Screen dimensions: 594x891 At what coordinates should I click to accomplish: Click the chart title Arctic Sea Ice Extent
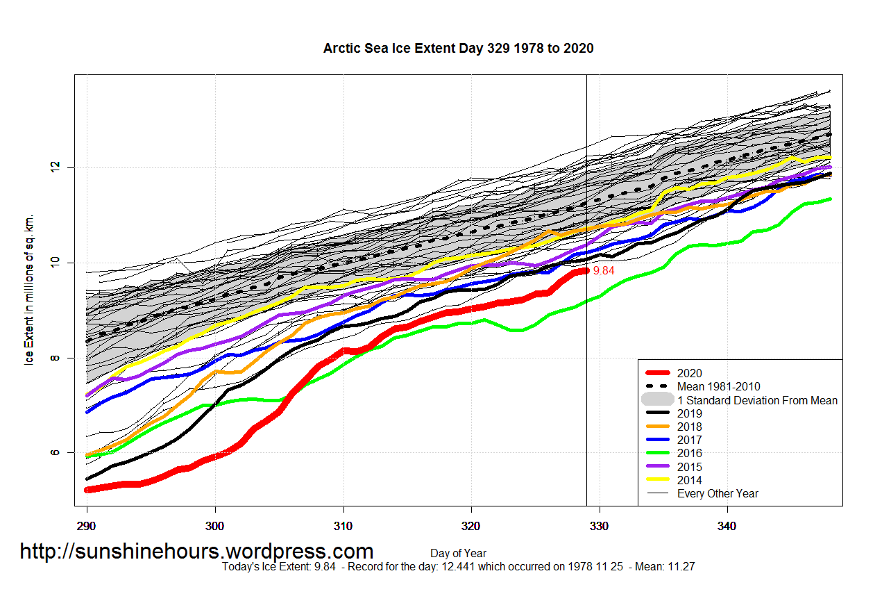(x=458, y=48)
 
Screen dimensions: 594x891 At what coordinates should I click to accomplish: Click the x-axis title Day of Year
(x=458, y=554)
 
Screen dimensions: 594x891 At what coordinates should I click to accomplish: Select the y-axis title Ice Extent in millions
(x=30, y=289)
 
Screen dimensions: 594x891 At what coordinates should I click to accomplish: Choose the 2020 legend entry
(x=689, y=373)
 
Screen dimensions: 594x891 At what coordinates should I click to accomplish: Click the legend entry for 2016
(x=689, y=453)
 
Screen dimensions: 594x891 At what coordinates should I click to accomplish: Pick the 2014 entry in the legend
(x=689, y=480)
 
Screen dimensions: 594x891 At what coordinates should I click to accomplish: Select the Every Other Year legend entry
(x=718, y=493)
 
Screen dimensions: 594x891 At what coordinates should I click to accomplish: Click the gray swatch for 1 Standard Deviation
(x=657, y=399)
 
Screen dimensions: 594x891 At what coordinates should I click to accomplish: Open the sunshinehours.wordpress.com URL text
(x=196, y=552)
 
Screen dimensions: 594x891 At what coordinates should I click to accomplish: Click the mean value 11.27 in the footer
(x=681, y=567)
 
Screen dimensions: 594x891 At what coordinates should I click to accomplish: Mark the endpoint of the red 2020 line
(x=586, y=271)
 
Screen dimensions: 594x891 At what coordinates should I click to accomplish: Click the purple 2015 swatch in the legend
(x=657, y=467)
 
